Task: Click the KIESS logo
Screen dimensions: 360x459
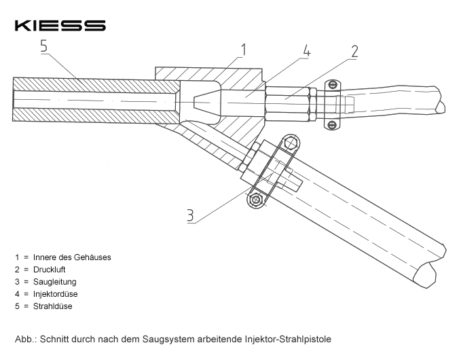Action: (60, 25)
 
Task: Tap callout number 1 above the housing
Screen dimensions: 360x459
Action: (243, 49)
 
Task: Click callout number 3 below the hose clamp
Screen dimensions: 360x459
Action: (191, 215)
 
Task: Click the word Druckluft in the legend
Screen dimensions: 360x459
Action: (50, 270)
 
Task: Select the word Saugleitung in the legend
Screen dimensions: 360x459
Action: (53, 282)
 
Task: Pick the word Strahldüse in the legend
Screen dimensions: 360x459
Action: (52, 306)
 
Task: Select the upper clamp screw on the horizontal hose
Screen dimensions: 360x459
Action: (332, 85)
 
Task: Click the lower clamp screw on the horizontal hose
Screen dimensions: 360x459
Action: (332, 124)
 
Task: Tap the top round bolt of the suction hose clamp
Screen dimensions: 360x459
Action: (291, 143)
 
